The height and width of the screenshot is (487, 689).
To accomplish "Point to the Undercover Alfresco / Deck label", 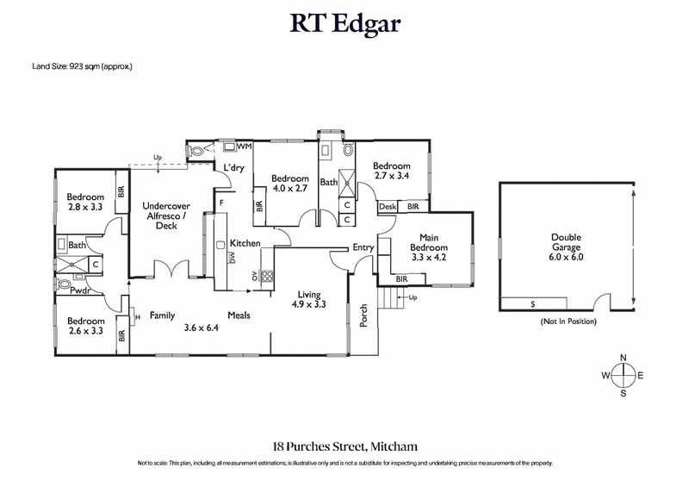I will pyautogui.click(x=165, y=215).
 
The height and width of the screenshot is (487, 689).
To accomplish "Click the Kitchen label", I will pyautogui.click(x=245, y=244).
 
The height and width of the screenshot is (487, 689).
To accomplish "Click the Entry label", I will pyautogui.click(x=363, y=248).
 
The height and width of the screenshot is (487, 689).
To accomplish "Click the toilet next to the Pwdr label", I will pyautogui.click(x=65, y=284).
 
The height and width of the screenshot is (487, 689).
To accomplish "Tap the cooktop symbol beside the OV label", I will pyautogui.click(x=267, y=278).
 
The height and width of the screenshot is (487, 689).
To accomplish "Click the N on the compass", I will pyautogui.click(x=624, y=358).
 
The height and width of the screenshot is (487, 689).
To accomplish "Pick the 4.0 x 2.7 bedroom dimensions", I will pyautogui.click(x=290, y=187).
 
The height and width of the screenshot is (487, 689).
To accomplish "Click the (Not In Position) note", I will pyautogui.click(x=566, y=322).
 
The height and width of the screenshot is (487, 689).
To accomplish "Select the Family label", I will pyautogui.click(x=162, y=315).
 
